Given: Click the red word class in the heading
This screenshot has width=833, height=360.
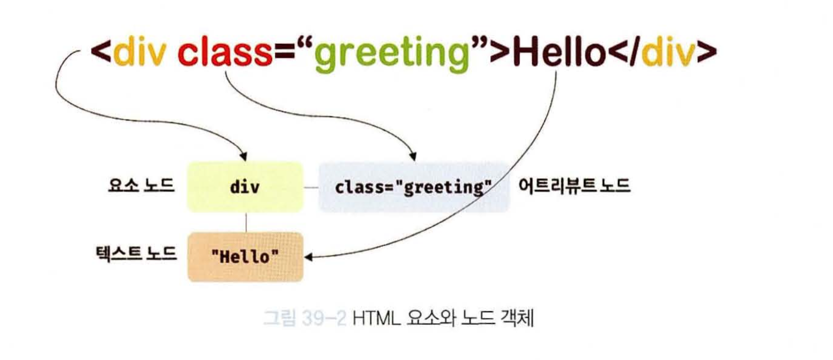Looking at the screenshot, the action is click(x=225, y=52).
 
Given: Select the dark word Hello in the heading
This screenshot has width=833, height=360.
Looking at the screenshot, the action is click(x=559, y=52).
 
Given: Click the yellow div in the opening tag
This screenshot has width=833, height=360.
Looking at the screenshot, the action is click(x=139, y=52).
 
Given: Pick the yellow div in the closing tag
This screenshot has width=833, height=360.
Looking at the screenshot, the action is click(x=668, y=52).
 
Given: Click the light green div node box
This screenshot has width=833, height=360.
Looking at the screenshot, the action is click(x=246, y=187).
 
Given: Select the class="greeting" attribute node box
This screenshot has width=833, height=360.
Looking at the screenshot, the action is click(x=414, y=187).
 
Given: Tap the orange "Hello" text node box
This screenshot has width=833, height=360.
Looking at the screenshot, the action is click(x=246, y=257).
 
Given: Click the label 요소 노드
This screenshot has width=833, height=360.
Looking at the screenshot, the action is click(x=141, y=185).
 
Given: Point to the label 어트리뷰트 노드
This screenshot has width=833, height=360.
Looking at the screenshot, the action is click(x=574, y=185).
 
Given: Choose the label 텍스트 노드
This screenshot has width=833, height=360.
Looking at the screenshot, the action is click(x=136, y=254).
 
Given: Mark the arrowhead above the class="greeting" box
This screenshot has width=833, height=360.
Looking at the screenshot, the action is click(x=412, y=157).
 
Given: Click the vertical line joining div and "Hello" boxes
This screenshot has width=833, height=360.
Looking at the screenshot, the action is click(x=246, y=222).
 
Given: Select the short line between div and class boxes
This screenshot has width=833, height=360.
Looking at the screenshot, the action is click(x=311, y=188).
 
